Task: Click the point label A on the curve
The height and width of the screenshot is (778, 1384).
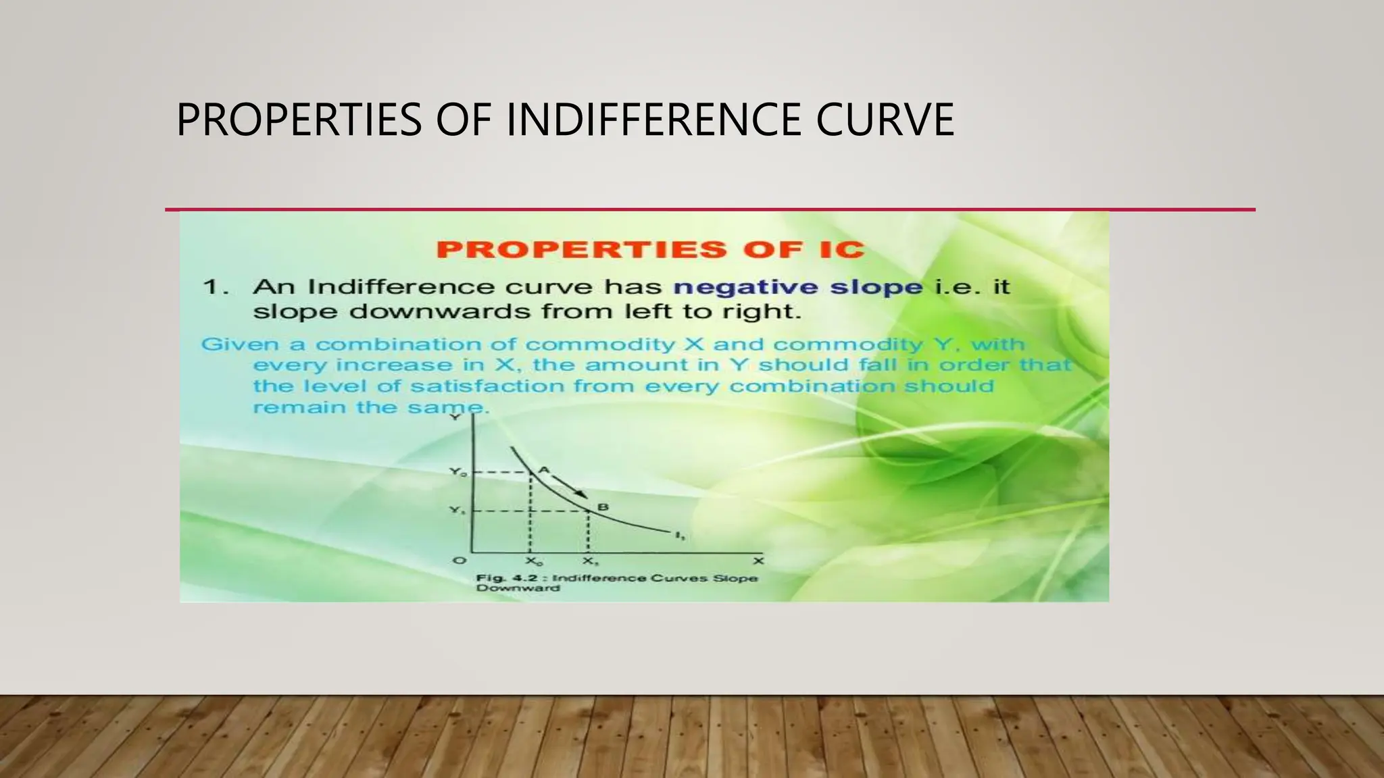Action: coord(544,470)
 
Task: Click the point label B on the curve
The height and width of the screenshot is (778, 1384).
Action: coord(603,507)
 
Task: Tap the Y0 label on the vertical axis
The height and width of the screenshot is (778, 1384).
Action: coord(458,473)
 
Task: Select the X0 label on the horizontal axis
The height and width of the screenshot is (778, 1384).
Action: coord(533,562)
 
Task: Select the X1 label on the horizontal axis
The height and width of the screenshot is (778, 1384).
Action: coord(590,562)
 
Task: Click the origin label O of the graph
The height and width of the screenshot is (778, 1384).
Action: coord(459,561)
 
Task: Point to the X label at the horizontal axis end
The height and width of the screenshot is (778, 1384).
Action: coord(758,561)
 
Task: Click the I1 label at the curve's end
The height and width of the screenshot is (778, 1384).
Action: coord(680,536)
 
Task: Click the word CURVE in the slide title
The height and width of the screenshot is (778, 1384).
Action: coord(885,120)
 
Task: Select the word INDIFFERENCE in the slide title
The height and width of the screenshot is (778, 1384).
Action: coord(655,120)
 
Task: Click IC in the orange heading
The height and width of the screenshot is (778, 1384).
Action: coord(839,249)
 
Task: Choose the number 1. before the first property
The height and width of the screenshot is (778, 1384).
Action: coord(216,287)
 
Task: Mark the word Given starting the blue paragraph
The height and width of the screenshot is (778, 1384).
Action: coord(241,344)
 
